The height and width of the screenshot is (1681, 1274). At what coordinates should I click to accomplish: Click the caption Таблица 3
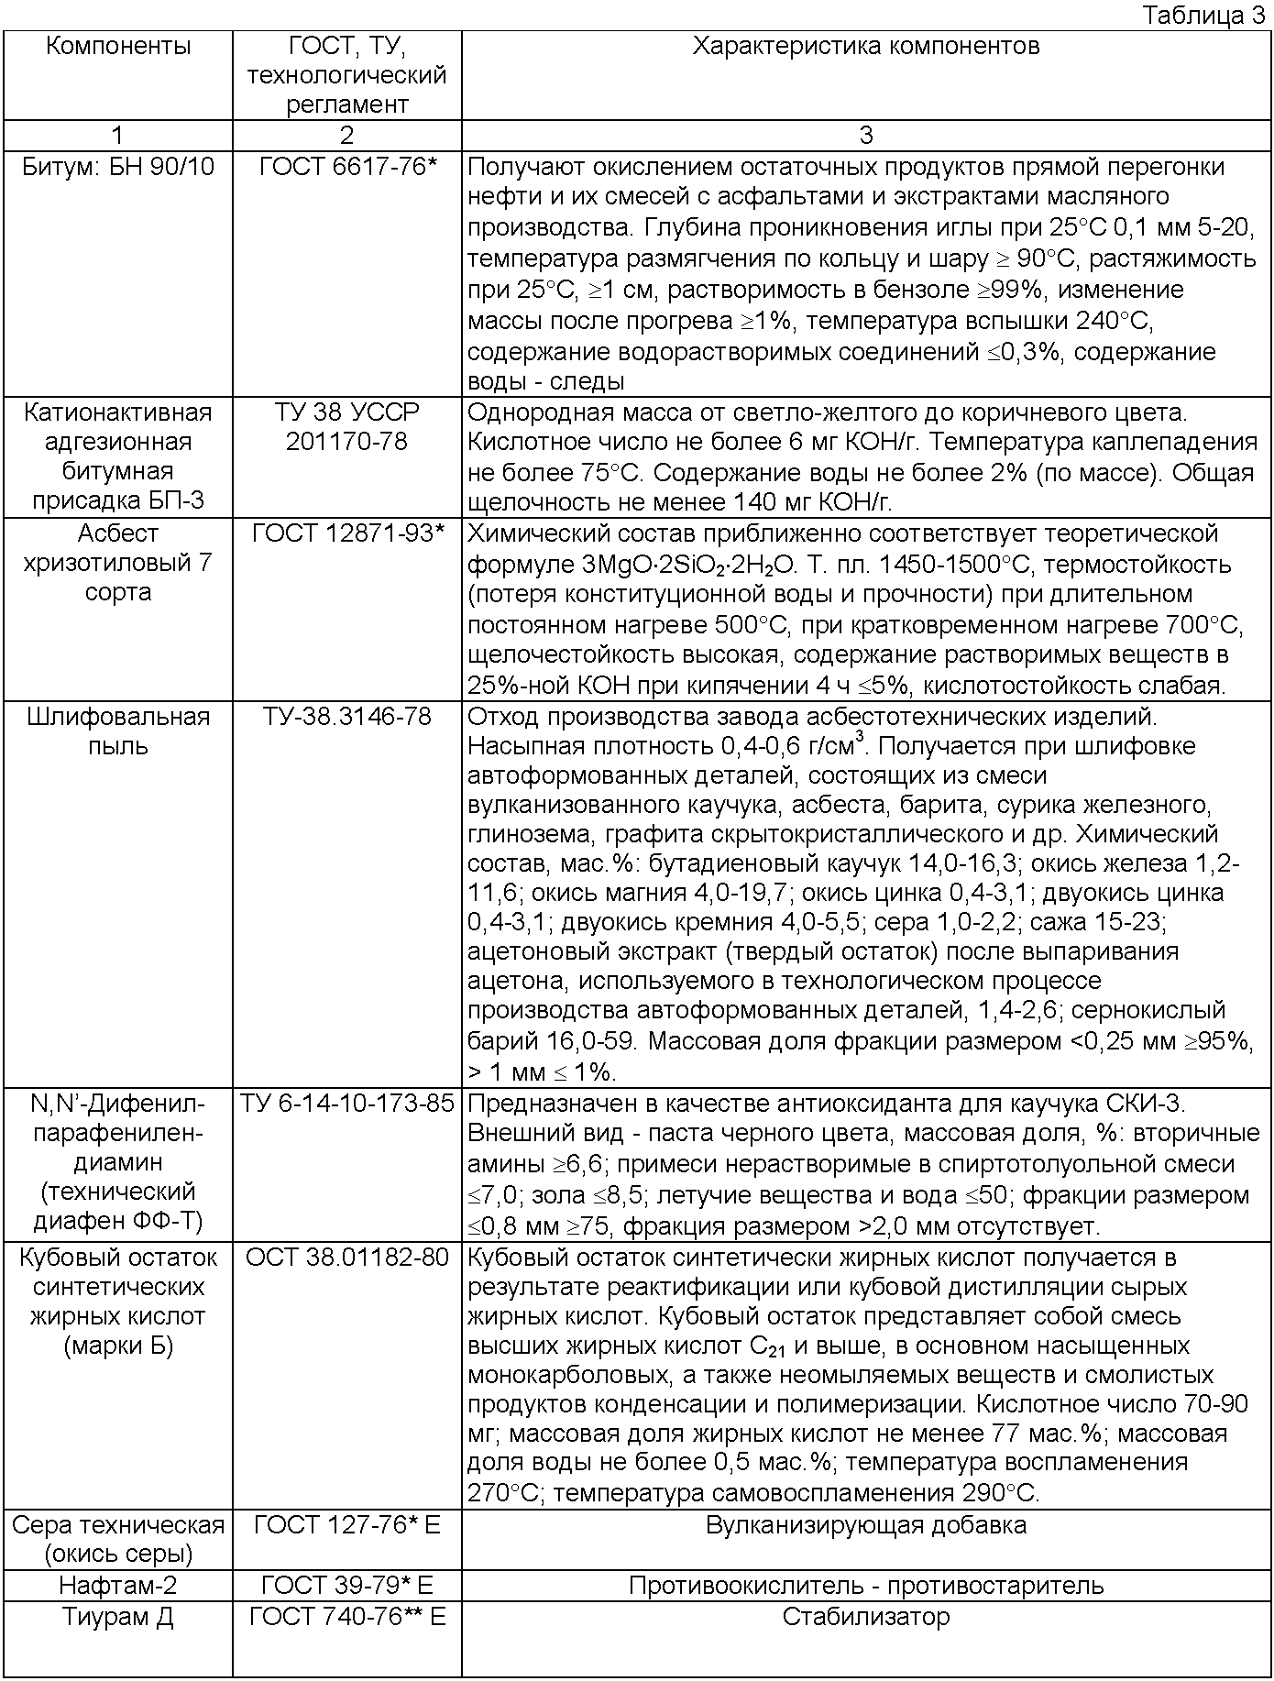coord(1203,16)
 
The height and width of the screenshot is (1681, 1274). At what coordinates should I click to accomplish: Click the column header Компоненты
coord(118,46)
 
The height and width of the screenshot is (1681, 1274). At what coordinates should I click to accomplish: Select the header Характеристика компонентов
coord(865,46)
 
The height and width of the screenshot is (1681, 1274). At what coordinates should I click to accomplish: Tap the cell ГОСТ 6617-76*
coord(346,167)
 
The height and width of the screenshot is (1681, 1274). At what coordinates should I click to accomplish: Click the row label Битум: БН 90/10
coord(118,167)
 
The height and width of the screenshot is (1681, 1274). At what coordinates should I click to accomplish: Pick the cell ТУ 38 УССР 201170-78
coord(346,427)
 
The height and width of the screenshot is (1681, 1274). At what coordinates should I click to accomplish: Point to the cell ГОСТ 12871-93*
coord(346,533)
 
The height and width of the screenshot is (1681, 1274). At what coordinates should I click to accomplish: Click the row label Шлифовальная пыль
coord(118,731)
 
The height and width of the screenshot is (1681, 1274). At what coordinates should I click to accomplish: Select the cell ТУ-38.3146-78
coord(346,716)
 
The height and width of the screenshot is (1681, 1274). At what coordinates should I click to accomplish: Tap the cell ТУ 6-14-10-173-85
coord(346,1104)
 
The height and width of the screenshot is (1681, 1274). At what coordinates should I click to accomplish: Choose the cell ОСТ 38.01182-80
coord(346,1257)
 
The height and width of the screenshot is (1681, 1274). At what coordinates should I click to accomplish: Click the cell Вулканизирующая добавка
coord(865,1525)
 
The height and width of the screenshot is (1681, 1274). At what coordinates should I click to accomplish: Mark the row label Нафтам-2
coord(118,1585)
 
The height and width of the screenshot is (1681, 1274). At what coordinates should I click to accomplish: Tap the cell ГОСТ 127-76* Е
coord(346,1525)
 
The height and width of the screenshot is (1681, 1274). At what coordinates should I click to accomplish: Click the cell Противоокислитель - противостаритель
coord(865,1585)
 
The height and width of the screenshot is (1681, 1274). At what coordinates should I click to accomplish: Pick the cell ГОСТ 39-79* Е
coord(346,1585)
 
